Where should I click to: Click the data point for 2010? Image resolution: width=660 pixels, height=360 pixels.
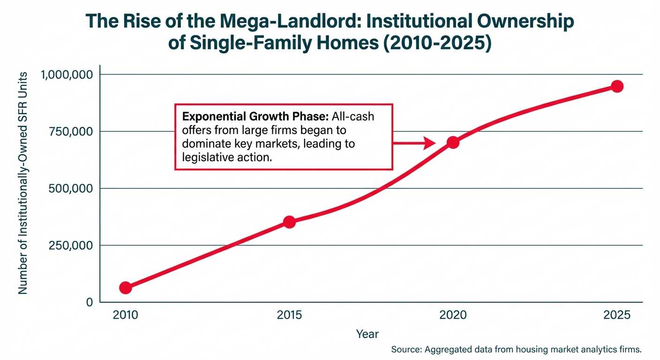point(125,288)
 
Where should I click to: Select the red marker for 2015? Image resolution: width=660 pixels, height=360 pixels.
point(290,222)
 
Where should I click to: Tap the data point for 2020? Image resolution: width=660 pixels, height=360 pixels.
point(453,142)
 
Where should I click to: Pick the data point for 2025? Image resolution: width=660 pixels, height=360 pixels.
point(617,86)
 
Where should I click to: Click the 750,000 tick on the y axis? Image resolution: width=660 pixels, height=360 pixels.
point(72,132)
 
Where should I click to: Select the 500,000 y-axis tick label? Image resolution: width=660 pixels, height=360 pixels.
point(72,188)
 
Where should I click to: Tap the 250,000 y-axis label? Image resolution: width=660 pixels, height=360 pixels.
point(72,245)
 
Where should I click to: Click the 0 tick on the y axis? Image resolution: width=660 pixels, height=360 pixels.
point(89,302)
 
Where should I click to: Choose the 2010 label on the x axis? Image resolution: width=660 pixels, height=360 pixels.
point(125,315)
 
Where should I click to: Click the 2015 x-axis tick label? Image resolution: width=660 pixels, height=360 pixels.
point(290,315)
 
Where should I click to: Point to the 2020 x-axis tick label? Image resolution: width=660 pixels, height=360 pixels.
point(453,315)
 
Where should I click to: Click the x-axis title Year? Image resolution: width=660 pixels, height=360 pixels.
point(367,334)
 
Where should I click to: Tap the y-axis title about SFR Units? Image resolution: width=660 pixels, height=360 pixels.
point(23,183)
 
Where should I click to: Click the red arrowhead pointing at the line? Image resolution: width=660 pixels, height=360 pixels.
point(430,143)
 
